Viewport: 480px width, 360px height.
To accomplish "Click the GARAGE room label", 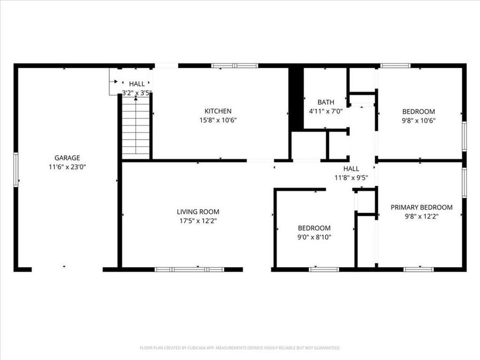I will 67,157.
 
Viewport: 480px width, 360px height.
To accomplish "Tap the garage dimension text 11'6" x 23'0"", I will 67,166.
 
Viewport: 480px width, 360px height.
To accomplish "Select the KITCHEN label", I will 218,111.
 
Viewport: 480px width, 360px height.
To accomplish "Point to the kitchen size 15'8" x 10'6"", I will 218,120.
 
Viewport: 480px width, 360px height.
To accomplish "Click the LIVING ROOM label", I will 198,212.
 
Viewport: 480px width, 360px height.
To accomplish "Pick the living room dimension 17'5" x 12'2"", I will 198,220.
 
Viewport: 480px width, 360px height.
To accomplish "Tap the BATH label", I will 325,102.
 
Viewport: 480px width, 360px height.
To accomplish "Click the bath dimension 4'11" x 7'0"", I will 325,111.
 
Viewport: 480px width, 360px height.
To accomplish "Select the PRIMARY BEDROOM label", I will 421,207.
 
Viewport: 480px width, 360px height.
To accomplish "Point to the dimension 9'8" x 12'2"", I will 421,216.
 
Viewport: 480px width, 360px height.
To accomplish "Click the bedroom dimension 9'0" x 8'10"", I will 314,237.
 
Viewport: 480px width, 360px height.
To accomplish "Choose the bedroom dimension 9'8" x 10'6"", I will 419,120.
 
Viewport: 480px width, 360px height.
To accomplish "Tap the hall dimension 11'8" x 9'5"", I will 351,178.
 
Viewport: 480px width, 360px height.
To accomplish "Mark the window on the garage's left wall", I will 15,169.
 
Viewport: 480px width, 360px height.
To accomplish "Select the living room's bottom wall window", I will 189,269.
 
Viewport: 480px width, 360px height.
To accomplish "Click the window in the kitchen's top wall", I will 235,66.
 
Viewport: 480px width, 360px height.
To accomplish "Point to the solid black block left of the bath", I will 296,98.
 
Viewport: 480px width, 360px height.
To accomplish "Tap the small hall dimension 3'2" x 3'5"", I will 137,93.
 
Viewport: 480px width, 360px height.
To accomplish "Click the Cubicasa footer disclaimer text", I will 239,348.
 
